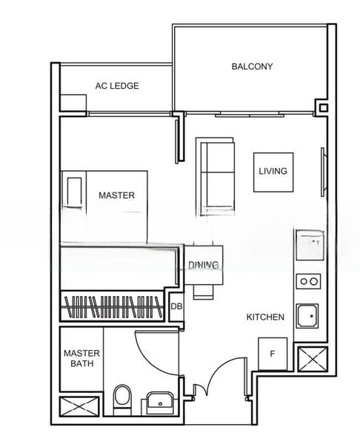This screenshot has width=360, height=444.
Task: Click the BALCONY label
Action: pos(252,67)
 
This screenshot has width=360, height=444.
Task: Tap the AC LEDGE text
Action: pos(117,86)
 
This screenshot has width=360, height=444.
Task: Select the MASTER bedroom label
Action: pos(116,195)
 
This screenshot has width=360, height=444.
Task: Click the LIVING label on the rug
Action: pos(273,171)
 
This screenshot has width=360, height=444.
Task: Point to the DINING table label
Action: pos(204,265)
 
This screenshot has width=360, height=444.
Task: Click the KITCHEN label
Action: pos(265,317)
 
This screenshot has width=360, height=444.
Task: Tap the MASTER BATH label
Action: pos(81,358)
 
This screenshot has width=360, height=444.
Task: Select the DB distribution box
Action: pos(176,306)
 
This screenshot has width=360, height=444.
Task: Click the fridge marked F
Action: pos(273,354)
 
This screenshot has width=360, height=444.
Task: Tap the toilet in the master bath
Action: pos(122,400)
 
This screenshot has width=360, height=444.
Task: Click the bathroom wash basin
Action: pos(159,403)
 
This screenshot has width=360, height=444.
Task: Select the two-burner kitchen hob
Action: pos(309,281)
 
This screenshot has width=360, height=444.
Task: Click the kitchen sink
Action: pos(307,316)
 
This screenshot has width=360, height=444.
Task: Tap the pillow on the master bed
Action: pos(75,192)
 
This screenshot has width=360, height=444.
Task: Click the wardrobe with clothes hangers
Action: pos(113,306)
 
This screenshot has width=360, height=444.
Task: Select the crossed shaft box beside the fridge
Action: pos(313,360)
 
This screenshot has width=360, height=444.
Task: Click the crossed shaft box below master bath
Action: pos(79,406)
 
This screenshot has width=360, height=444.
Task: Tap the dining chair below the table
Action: pos(203,292)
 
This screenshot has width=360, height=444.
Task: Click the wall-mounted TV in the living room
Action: pos(323,172)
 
